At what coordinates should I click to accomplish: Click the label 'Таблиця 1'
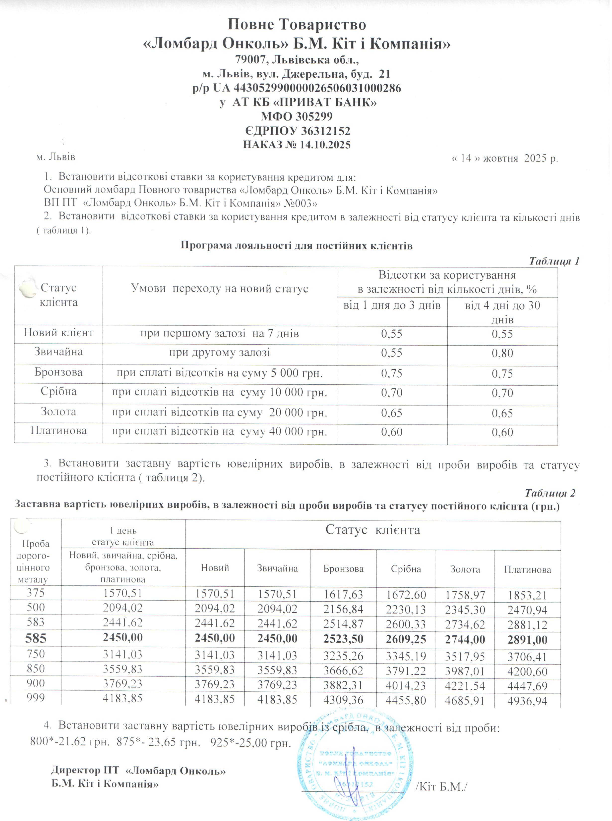554,261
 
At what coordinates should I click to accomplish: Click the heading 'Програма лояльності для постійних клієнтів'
296,246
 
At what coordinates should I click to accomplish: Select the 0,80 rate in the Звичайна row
502,353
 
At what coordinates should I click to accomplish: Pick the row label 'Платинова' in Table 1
59,430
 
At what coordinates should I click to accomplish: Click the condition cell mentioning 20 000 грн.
220,412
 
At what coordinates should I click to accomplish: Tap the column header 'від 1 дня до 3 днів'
392,306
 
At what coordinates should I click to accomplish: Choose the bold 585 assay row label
36,638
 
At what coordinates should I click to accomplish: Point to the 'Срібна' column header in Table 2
406,569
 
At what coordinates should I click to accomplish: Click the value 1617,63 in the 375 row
343,594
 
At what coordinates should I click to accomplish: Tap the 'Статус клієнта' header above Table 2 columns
373,530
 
